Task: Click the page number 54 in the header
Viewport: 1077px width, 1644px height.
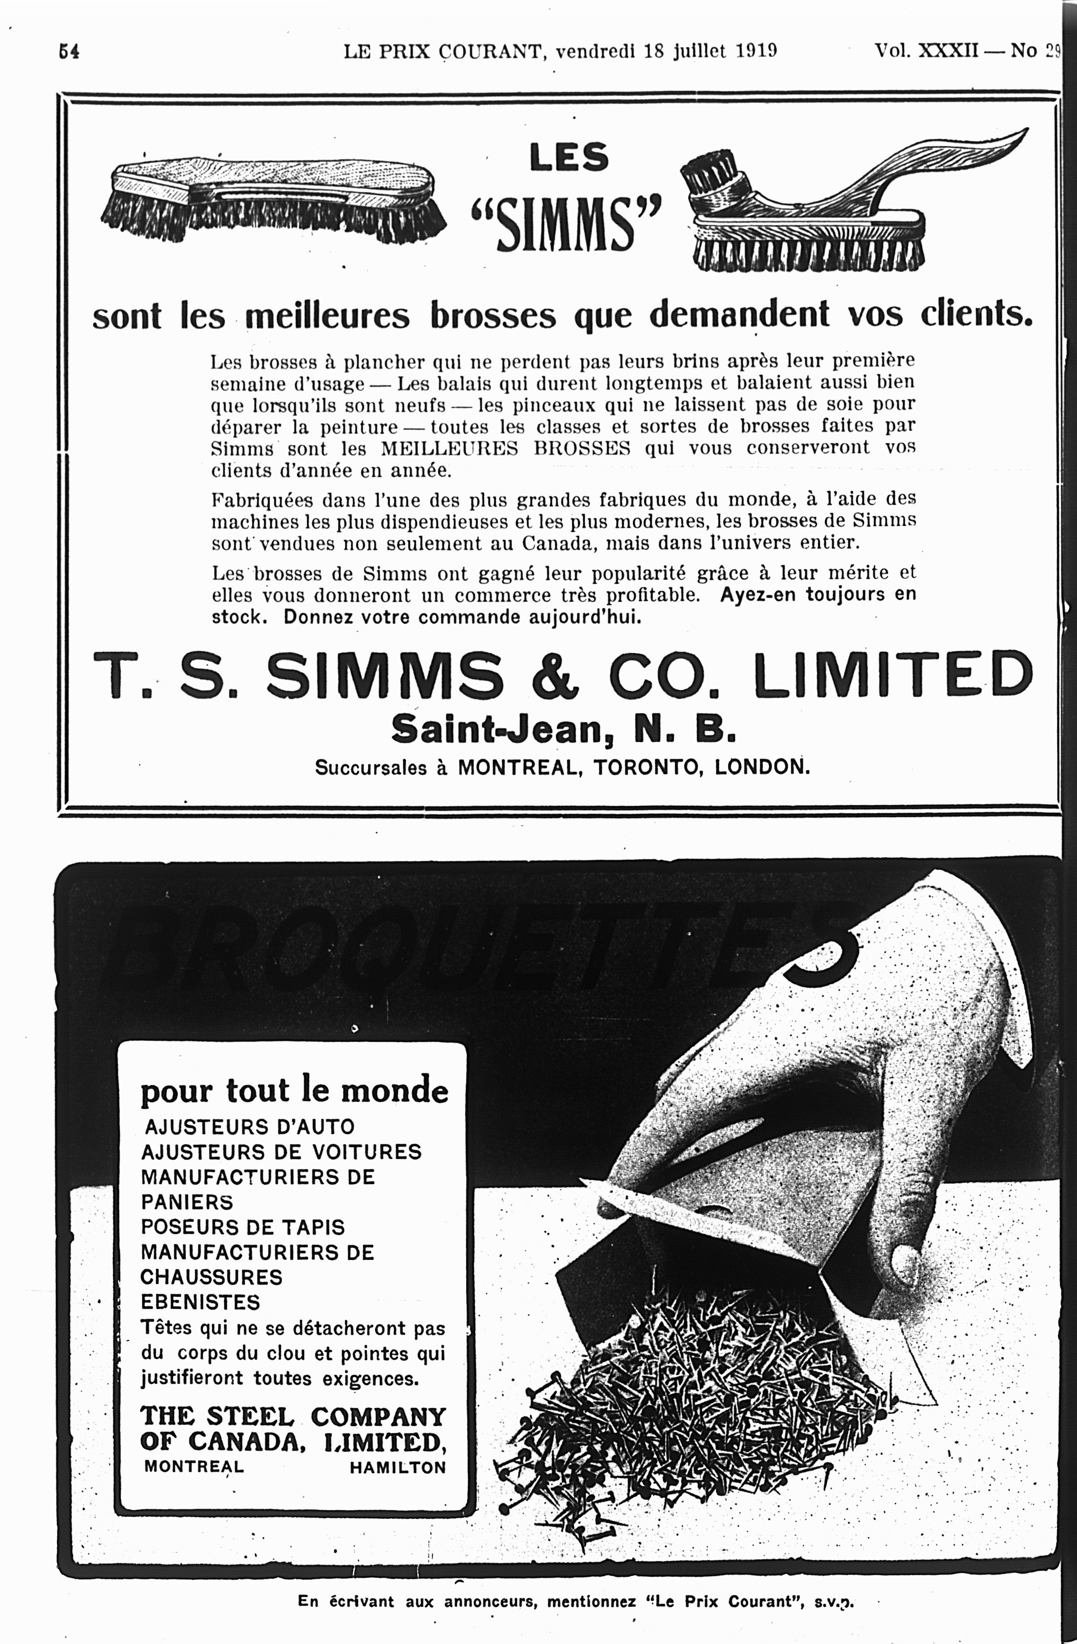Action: (69, 52)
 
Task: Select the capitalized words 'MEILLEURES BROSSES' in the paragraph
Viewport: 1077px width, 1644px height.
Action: (505, 448)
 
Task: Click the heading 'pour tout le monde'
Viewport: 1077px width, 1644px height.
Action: (295, 1091)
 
